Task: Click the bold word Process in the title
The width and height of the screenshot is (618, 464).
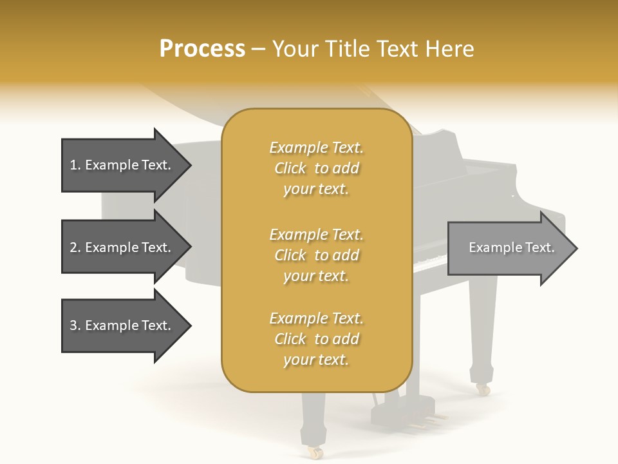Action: (x=202, y=48)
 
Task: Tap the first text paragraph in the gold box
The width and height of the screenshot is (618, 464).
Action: (x=316, y=168)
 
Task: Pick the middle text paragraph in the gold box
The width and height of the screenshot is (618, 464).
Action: (x=316, y=255)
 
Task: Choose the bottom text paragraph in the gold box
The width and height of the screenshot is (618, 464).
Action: (x=316, y=339)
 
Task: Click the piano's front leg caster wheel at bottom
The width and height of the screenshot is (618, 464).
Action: (x=315, y=452)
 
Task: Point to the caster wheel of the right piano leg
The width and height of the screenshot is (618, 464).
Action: (x=482, y=389)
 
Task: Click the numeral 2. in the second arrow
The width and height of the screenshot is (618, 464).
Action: (x=75, y=247)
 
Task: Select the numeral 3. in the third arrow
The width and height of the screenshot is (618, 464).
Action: (x=75, y=325)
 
